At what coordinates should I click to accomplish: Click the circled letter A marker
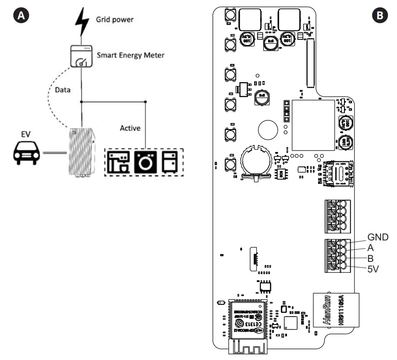click(x=19, y=15)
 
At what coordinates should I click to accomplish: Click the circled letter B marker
click(x=378, y=15)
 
